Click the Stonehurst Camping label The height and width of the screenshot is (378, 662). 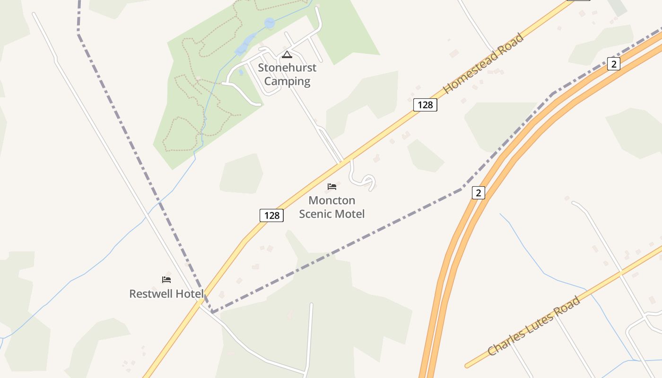pos(287,74)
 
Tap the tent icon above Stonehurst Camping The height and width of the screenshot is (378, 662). pos(287,55)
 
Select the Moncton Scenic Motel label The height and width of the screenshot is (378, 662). pos(332,207)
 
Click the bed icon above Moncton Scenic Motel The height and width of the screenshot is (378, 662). pos(332,187)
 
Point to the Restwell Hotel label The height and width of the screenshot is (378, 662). pos(166,294)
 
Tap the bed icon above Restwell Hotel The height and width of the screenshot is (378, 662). pos(166,280)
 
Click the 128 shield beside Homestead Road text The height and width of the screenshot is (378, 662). pos(425,105)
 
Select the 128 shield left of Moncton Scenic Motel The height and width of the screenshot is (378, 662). pos(271,215)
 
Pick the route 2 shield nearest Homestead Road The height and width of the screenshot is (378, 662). pos(613,64)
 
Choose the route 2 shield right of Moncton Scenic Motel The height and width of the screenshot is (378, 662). pos(479,193)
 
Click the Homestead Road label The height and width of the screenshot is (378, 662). pos(484,63)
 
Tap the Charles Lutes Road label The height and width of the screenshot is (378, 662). pos(534,326)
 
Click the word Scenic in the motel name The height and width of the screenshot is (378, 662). pos(315,214)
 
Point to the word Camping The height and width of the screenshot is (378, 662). pos(287,81)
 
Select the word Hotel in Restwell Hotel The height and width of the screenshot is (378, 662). pos(188,294)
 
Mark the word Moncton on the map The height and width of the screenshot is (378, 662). pos(332,200)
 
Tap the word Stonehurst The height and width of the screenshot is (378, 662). pos(287,68)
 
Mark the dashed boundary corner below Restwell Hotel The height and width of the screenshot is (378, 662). pos(213,312)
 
